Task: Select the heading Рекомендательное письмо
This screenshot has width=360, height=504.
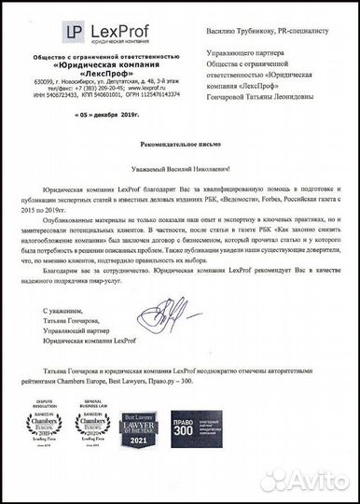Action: (179, 147)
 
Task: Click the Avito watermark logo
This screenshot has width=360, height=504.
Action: (309, 477)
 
